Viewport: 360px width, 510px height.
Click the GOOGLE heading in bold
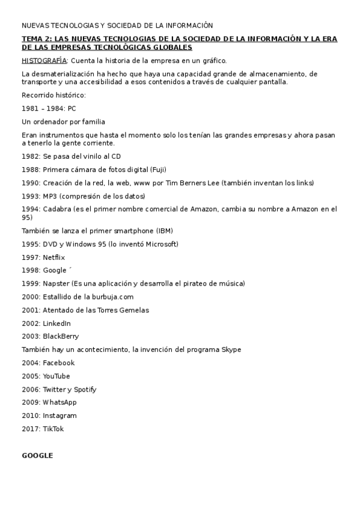(37, 455)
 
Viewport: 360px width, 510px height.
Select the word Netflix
(53, 257)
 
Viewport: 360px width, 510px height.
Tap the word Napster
(56, 283)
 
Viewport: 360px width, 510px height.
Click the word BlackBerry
(61, 336)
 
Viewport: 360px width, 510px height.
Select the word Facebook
(58, 363)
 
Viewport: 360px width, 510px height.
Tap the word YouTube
(56, 376)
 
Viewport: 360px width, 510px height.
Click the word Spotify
(85, 389)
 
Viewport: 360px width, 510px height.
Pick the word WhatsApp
(59, 402)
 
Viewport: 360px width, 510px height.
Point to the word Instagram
(59, 415)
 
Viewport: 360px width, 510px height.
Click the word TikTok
(53, 429)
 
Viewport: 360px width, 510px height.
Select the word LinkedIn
(56, 323)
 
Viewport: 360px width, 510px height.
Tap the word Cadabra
(57, 209)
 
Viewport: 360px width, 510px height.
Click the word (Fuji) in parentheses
(159, 170)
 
